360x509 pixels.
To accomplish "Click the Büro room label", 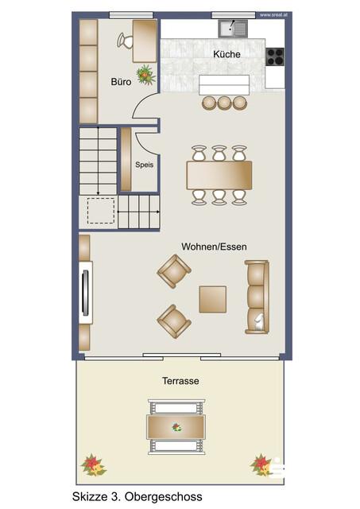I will [x=120, y=81].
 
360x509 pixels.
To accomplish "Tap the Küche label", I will [x=226, y=54].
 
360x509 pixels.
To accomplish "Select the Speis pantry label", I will [x=144, y=165].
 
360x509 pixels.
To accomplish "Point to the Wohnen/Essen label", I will [x=214, y=247].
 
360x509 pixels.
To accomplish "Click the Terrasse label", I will [x=180, y=381].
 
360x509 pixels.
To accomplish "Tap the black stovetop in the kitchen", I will [x=275, y=56].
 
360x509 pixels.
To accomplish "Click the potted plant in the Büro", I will [x=145, y=76].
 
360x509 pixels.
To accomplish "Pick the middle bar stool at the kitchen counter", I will [x=224, y=102].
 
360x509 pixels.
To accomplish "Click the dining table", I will [x=219, y=172].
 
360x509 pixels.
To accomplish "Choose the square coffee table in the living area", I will [x=213, y=299].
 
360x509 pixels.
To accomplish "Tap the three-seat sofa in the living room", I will [x=257, y=297].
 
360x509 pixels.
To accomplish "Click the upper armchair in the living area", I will [x=172, y=271].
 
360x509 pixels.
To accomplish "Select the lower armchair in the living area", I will [x=172, y=321].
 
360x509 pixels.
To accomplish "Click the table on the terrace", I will [x=176, y=427].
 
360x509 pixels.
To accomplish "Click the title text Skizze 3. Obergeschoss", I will [x=136, y=496].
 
